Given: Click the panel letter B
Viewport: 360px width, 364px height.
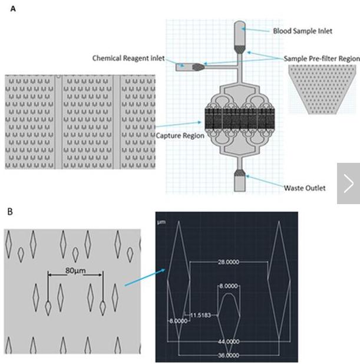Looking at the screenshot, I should [x=9, y=211].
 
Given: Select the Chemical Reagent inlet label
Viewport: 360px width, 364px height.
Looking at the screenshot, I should [x=128, y=58].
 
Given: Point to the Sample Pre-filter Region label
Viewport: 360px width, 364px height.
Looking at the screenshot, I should [x=321, y=58].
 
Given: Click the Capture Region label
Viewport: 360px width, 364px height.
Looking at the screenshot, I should [x=180, y=135].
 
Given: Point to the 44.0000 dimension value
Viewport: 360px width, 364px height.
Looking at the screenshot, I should [x=228, y=342].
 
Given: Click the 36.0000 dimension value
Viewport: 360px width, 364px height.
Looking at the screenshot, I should [x=228, y=356].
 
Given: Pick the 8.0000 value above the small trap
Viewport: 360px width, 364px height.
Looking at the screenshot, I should [x=229, y=286].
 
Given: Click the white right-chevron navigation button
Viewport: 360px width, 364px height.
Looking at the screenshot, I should [x=348, y=183].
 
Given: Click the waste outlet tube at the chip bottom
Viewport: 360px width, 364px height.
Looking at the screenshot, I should [x=240, y=183].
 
